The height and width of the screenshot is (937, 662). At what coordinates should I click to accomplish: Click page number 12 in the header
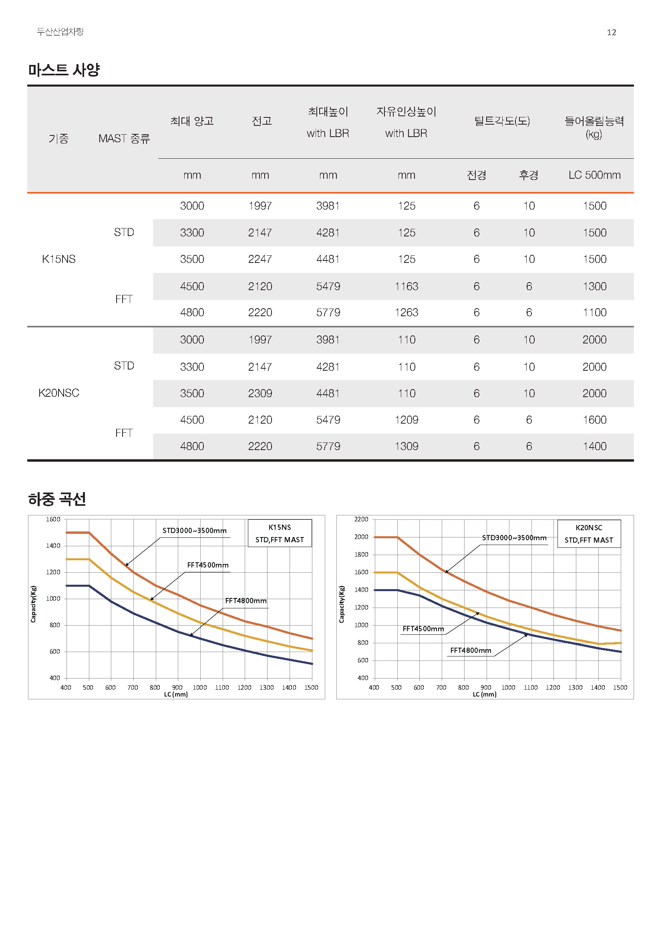tap(611, 32)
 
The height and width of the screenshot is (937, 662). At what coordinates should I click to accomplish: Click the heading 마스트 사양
tap(64, 70)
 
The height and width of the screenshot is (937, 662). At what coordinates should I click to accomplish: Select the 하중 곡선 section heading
tap(57, 499)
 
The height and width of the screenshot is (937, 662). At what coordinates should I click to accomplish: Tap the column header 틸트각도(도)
tap(502, 121)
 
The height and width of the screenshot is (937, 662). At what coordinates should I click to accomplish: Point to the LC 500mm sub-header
tap(594, 175)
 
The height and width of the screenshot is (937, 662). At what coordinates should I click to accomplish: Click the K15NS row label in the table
tap(59, 259)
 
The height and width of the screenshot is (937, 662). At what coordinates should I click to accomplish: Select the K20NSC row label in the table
tap(59, 393)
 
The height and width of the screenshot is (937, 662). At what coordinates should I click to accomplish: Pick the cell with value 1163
tap(406, 286)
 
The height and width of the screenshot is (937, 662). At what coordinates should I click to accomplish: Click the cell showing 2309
tap(260, 393)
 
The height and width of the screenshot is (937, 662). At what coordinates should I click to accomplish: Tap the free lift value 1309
tap(406, 446)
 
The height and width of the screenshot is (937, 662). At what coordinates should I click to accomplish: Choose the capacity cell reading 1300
tap(594, 286)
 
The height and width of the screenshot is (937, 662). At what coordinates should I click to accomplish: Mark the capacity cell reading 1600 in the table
tap(594, 420)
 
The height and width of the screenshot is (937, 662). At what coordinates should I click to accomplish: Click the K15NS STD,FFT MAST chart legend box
tap(280, 533)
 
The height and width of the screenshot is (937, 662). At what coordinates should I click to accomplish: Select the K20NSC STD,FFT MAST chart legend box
tap(589, 533)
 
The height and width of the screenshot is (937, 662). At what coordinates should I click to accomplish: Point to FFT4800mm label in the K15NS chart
tap(246, 601)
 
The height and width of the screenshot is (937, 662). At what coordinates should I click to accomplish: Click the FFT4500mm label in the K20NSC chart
tap(423, 629)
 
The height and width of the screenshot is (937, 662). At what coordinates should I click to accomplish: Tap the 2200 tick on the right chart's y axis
tap(361, 519)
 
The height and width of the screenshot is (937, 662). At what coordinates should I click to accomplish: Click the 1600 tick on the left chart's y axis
tap(53, 519)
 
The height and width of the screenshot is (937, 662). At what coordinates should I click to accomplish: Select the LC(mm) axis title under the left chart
tap(176, 694)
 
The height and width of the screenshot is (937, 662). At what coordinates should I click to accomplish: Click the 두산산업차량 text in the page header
tap(60, 32)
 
